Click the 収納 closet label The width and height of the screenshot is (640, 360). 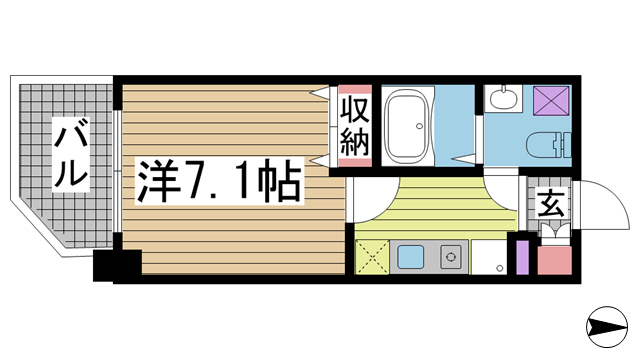(355, 126)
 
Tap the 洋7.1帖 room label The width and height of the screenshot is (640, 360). (220, 181)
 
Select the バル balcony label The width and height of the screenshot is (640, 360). (71, 153)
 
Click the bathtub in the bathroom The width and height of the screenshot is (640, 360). (409, 126)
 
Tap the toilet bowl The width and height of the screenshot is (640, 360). (548, 145)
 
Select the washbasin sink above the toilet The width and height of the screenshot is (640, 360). (503, 98)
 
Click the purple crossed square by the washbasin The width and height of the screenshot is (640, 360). (551, 100)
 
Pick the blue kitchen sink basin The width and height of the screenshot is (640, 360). (411, 257)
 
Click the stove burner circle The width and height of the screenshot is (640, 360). (451, 257)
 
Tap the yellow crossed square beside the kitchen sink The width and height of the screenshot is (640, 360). (372, 257)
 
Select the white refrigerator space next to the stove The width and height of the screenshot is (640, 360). (489, 257)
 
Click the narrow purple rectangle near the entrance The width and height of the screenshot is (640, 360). (522, 258)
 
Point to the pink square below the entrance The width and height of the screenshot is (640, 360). (554, 260)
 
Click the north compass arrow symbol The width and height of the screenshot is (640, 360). (607, 327)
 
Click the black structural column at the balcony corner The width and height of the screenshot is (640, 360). (117, 265)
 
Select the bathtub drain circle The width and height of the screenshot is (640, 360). (419, 126)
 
